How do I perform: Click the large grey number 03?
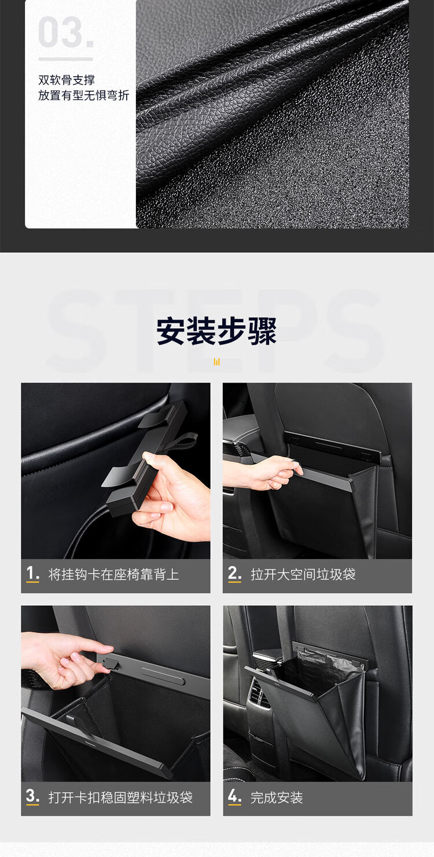coord(66,32)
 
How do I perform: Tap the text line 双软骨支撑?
coord(67,80)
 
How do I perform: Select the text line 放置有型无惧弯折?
coord(83,95)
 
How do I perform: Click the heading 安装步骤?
coord(216,331)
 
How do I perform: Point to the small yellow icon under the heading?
coord(216,362)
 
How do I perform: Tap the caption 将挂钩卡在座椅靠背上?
coord(113,574)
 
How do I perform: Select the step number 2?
coord(234,573)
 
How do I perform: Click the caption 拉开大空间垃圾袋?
coord(303,574)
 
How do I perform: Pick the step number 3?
coord(32,797)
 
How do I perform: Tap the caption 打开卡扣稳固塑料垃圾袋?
coord(120,797)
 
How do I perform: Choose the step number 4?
coord(234,797)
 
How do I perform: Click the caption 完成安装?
coord(277,797)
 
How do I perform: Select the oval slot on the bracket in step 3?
coord(163,675)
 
